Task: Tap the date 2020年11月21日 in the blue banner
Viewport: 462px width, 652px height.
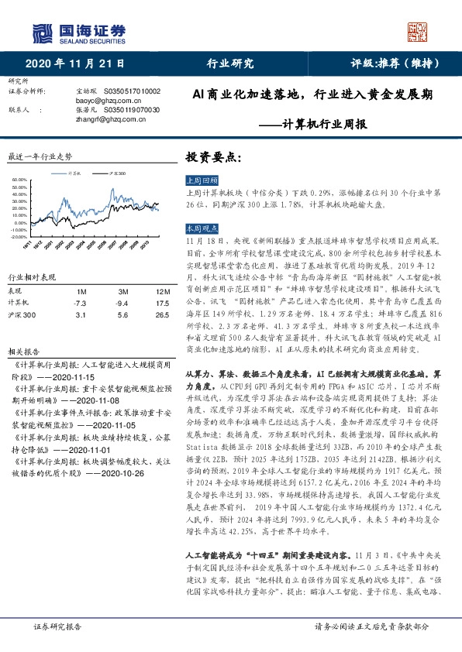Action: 74,63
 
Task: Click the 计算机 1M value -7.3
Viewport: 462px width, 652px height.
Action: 78,303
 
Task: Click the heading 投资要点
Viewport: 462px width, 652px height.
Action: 213,156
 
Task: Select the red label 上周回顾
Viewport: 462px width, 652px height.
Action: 199,179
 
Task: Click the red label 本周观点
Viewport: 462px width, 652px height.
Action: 199,229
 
